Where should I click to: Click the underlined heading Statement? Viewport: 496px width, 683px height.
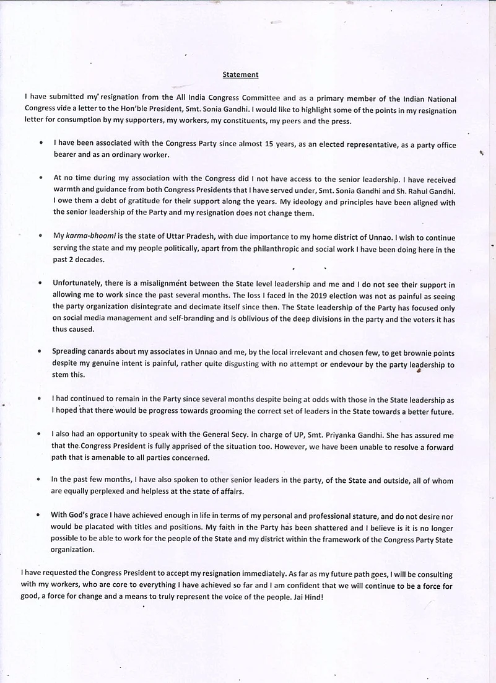pos(240,75)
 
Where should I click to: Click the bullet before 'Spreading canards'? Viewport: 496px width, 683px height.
pos(40,351)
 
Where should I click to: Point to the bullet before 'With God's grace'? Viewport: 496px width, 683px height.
pos(40,515)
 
